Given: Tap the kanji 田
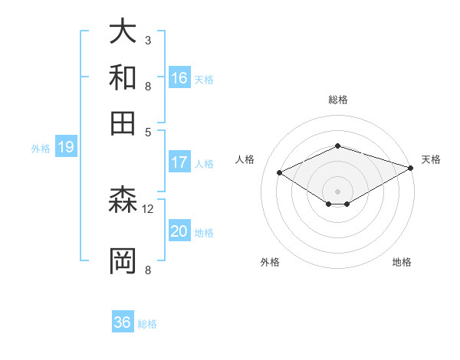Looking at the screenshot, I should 123,122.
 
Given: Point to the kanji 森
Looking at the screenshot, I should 123,201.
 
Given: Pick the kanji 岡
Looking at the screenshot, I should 123,260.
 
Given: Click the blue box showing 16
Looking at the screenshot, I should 179,77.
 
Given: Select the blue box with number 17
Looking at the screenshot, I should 179,162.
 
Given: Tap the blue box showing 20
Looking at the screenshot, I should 179,232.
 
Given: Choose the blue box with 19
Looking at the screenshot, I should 65,147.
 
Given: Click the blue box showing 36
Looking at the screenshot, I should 123,322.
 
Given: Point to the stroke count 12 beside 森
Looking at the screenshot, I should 148,208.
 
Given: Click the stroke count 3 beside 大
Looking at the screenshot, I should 148,40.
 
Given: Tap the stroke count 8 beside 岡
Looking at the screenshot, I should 148,269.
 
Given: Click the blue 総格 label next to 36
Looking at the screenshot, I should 147,324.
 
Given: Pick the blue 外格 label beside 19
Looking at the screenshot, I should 40,149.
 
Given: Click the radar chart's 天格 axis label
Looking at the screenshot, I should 431,159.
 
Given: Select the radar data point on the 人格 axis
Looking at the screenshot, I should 280,173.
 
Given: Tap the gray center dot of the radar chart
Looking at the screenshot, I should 337,191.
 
